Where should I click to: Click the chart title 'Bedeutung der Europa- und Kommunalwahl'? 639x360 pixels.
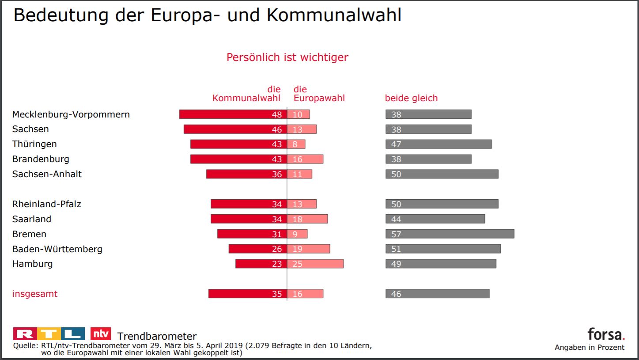tap(207, 15)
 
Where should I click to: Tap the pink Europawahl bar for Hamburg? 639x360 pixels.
tap(315, 264)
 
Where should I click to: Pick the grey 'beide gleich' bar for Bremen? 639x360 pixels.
tap(450, 234)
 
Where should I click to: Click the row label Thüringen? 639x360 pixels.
tap(34, 144)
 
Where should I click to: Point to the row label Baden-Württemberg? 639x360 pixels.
tap(57, 249)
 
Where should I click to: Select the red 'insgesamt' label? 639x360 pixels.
tap(34, 294)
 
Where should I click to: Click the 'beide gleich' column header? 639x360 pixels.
tap(411, 98)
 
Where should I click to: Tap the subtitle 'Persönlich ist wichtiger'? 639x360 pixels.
tap(287, 57)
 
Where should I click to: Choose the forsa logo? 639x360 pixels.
tap(606, 333)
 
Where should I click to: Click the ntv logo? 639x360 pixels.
tap(100, 333)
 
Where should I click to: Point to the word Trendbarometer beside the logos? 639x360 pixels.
tap(157, 337)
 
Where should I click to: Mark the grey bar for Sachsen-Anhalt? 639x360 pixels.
tap(442, 174)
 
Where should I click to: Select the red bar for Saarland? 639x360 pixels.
tap(249, 219)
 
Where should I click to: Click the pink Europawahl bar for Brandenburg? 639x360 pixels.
tap(305, 159)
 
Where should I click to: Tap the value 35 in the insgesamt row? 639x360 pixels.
tap(276, 294)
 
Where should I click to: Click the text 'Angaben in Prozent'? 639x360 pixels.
tap(590, 347)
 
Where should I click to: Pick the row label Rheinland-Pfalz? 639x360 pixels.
tap(46, 204)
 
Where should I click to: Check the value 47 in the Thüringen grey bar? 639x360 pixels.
tap(396, 144)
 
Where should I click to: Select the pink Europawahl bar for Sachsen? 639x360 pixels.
tap(302, 129)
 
